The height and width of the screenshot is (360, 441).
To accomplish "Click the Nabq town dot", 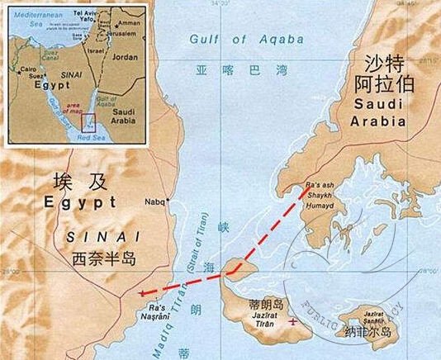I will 168,200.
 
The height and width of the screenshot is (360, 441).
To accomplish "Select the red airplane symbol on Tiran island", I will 292,322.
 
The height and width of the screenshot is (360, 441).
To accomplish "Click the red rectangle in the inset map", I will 88,122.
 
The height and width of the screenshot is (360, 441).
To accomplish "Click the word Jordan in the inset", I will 125,58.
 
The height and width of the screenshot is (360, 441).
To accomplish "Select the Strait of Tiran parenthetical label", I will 203,246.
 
